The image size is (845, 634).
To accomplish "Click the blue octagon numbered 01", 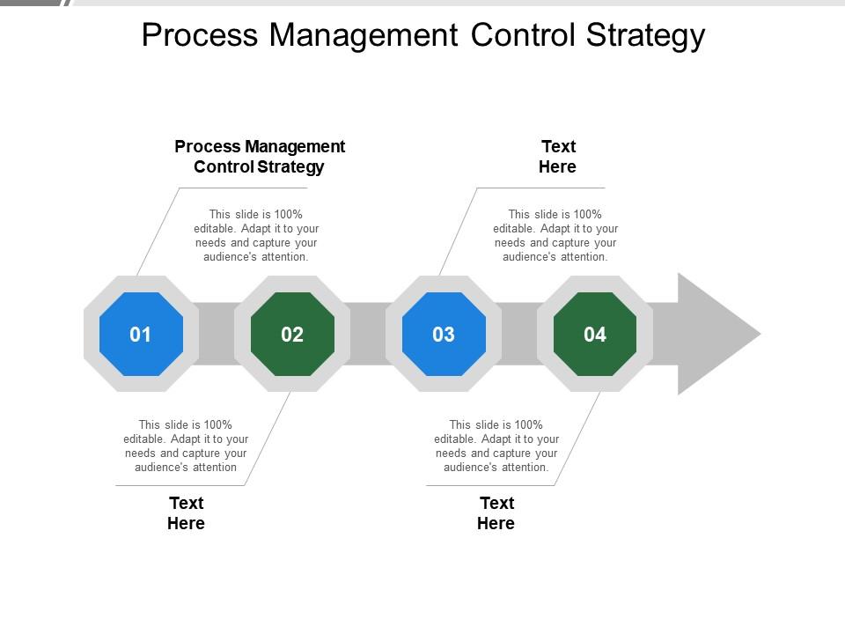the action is point(141,335).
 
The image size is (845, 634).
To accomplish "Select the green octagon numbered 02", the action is point(292,335).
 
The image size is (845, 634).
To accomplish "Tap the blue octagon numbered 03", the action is point(444,335).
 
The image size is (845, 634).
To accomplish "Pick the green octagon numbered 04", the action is point(595,335).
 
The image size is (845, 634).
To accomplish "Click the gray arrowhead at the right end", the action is point(711,335).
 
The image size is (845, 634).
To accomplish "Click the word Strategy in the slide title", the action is point(645,36).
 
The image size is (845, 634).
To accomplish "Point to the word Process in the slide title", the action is point(200,35).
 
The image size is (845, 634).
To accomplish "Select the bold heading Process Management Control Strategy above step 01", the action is point(260,157).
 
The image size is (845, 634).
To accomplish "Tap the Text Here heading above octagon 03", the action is point(558,157).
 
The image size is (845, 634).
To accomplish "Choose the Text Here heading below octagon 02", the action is point(186,513).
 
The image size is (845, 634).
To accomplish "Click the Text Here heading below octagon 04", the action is point(496,513).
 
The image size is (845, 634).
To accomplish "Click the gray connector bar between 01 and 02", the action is point(217,334).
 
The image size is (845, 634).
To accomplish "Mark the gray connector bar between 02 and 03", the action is point(368,334).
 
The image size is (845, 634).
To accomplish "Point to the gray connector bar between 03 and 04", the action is point(519,334).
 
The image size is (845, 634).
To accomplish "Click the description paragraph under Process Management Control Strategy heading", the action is point(256,236).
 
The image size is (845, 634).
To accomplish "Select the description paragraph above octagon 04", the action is point(555,236).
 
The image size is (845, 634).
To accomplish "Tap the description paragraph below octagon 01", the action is point(186,446).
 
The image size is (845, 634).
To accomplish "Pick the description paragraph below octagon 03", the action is point(496,446).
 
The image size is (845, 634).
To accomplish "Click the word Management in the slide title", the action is point(364,36).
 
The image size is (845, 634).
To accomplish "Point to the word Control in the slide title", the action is point(522,35).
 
